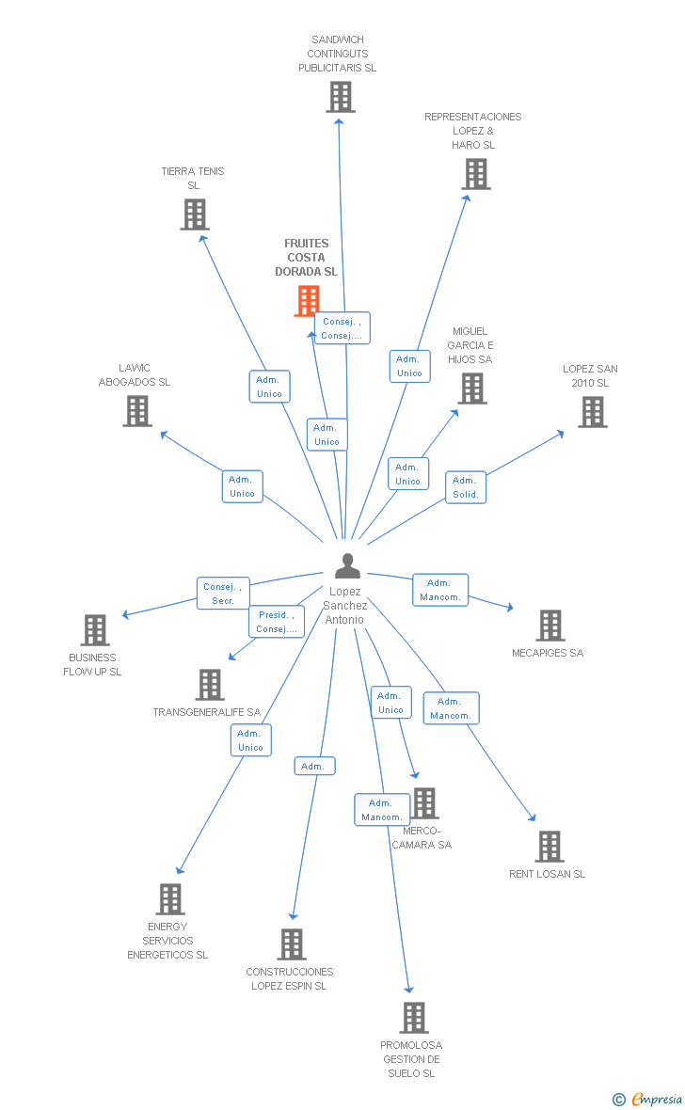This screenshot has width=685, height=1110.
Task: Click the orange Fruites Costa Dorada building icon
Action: [307, 301]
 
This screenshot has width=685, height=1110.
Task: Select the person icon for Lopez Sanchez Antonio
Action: [347, 566]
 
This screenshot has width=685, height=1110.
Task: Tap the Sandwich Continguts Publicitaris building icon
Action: [341, 97]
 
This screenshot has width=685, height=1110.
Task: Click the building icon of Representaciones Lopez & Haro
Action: [476, 174]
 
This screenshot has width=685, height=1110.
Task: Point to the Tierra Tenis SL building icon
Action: [194, 214]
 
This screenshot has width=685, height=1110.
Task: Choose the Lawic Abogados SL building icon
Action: [137, 411]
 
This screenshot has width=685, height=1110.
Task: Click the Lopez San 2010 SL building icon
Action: [592, 412]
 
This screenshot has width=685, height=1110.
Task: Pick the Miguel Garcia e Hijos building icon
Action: [471, 388]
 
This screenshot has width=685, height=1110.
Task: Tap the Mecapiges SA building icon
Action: [550, 626]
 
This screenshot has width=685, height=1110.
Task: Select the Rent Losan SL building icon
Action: [549, 847]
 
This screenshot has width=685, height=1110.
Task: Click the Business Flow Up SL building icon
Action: [94, 630]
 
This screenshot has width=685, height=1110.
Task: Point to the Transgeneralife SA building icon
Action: [210, 685]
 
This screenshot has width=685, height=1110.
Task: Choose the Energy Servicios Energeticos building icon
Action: [169, 899]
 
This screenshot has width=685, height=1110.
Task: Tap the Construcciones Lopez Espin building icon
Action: [292, 944]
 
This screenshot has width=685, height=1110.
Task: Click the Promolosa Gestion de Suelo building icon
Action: [413, 1018]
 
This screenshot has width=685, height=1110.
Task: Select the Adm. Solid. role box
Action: [466, 487]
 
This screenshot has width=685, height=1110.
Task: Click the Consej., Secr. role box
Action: [223, 594]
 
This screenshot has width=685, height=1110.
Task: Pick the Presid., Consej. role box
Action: [277, 622]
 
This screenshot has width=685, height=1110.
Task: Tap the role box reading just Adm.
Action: [313, 767]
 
